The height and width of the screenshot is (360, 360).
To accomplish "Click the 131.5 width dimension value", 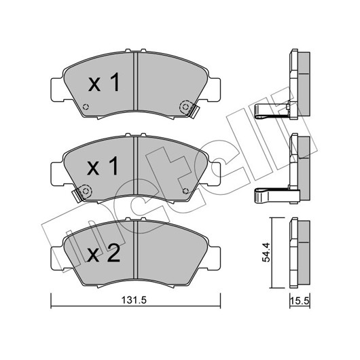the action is [134, 300].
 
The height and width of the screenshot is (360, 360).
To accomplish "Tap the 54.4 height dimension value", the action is [266, 252].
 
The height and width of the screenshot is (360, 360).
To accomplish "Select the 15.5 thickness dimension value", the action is [300, 300].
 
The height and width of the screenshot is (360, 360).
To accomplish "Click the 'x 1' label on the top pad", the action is [104, 82].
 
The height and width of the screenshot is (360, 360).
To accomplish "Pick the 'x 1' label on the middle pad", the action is [103, 166].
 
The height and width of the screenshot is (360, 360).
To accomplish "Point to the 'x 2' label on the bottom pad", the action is [104, 253].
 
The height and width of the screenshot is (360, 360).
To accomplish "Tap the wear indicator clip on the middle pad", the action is [77, 196].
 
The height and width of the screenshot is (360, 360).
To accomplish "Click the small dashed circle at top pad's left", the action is [86, 107].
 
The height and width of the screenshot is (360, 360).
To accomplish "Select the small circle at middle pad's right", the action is [185, 191].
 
